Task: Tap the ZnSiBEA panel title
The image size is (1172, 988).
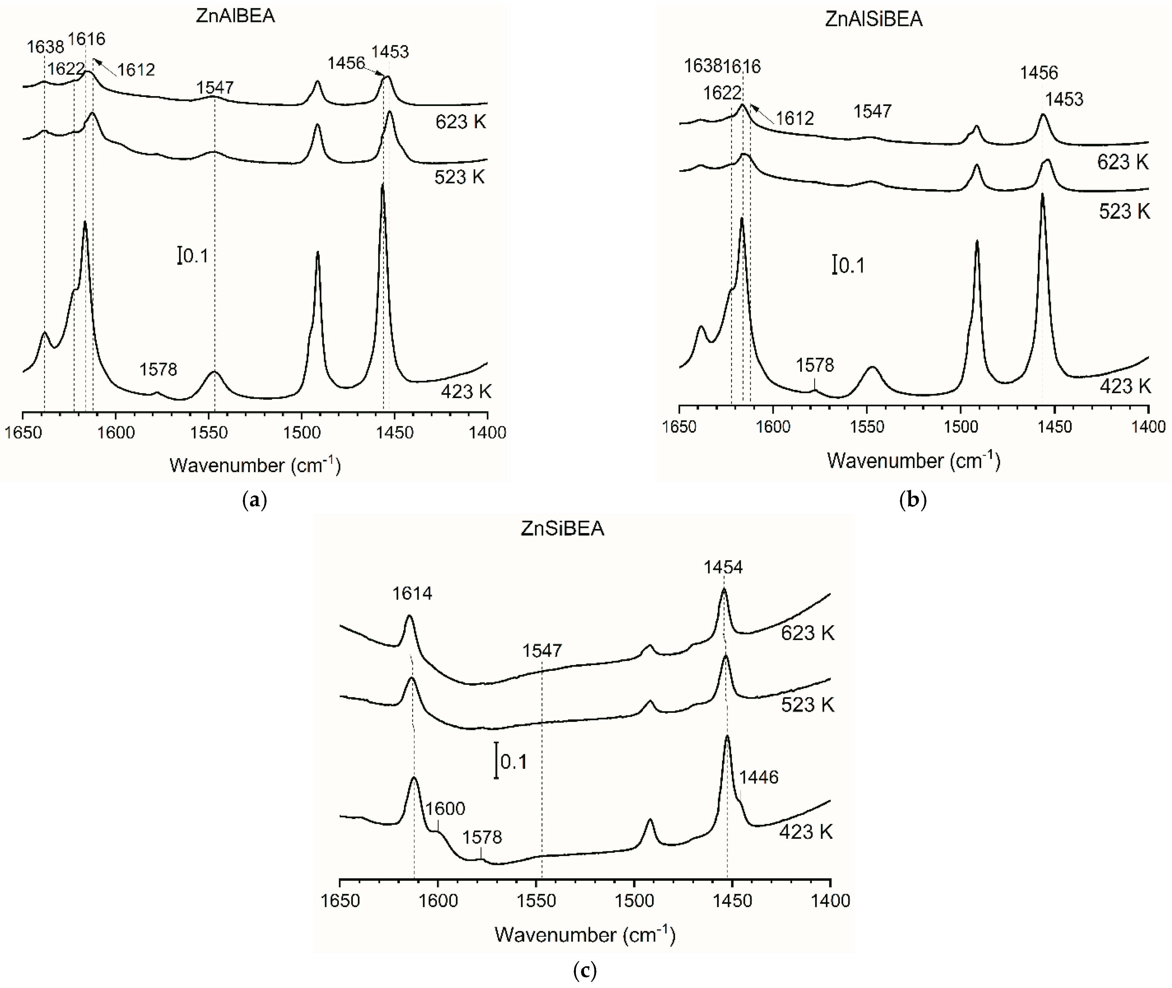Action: click(x=562, y=529)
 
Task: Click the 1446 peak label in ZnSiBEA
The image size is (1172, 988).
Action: click(x=759, y=777)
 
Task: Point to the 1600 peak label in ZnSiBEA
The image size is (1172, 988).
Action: click(x=445, y=808)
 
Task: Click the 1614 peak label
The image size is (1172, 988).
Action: click(x=412, y=593)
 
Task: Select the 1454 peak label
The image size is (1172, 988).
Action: click(x=723, y=567)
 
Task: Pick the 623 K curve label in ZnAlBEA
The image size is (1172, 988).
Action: click(x=460, y=121)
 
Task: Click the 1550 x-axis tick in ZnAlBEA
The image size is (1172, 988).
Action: click(x=209, y=433)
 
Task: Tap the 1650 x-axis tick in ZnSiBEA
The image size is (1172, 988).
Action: click(x=340, y=901)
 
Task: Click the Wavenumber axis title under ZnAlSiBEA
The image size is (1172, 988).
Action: click(x=913, y=460)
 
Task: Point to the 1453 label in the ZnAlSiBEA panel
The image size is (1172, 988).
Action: click(x=1064, y=99)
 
